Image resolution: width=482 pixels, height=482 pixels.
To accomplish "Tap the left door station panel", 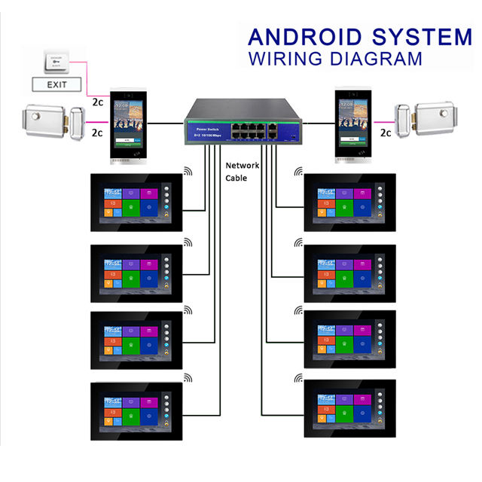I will click(x=131, y=127).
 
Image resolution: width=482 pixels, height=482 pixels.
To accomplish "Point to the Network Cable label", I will click(x=243, y=172).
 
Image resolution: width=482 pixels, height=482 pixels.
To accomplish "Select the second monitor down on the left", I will click(x=136, y=272).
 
